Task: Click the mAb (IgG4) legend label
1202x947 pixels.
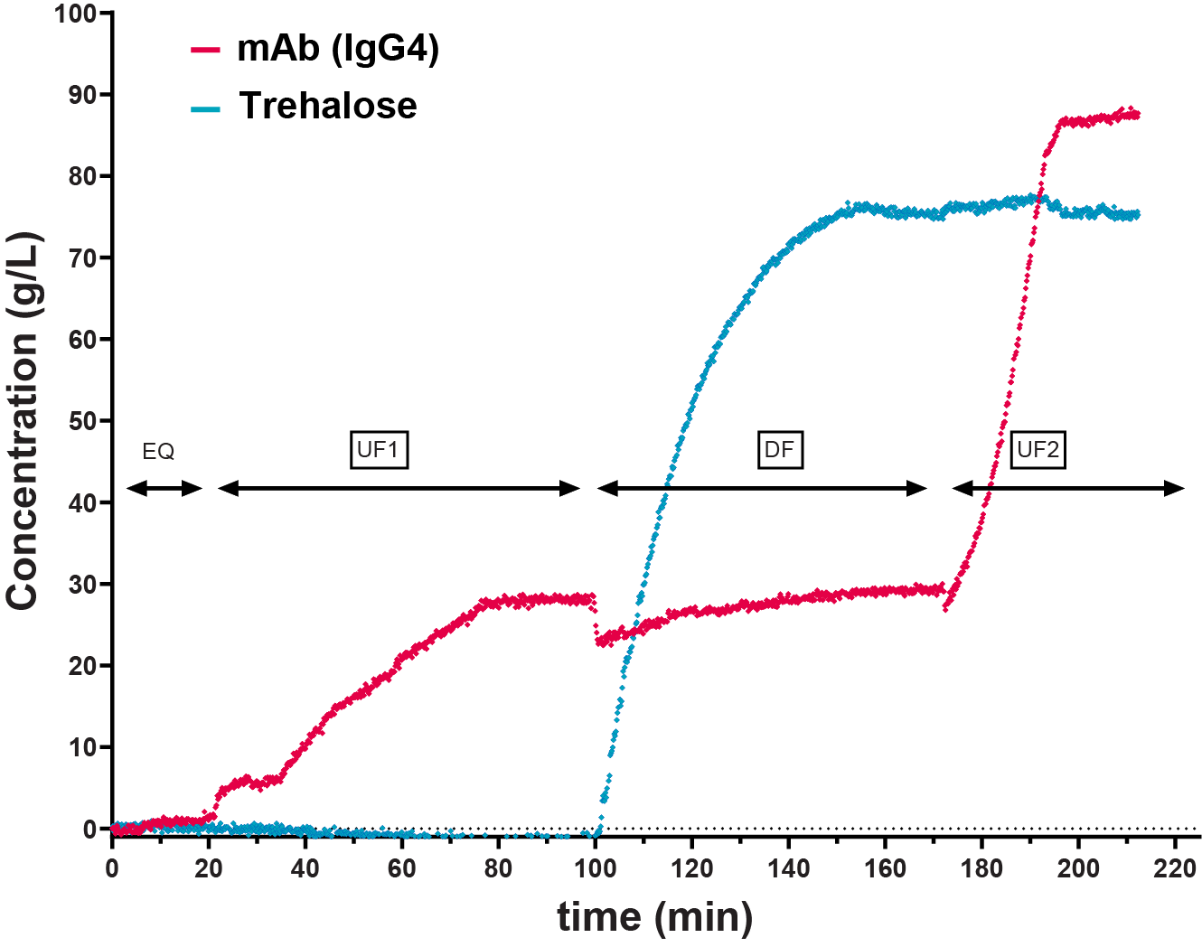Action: click(x=337, y=49)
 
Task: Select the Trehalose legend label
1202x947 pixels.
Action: click(x=327, y=106)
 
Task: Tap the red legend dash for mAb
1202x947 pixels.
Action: click(x=205, y=50)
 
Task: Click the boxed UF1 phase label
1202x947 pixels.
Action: click(x=379, y=449)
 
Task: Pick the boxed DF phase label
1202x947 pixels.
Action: click(x=779, y=449)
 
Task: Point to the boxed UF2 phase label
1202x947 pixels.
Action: click(x=1037, y=449)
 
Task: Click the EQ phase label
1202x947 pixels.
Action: click(x=158, y=451)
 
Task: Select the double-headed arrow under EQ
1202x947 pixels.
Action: click(x=164, y=489)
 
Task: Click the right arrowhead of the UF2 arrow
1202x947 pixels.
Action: click(x=1175, y=489)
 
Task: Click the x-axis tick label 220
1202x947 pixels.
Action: click(x=1175, y=868)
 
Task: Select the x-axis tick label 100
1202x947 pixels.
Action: click(x=595, y=868)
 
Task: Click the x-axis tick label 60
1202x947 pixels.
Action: click(x=401, y=868)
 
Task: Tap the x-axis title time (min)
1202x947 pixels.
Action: click(x=654, y=916)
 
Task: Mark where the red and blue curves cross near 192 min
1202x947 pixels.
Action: click(x=1038, y=198)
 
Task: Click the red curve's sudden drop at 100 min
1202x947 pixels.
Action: click(x=596, y=624)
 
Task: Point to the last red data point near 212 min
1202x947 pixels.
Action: click(x=1137, y=115)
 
